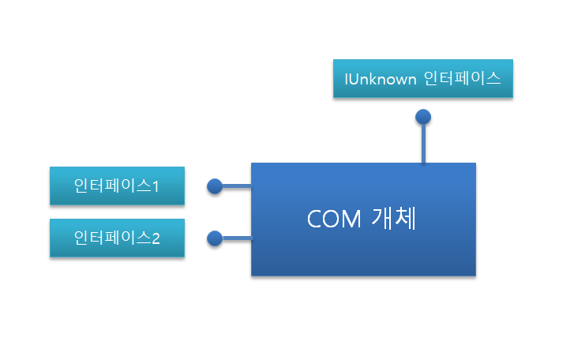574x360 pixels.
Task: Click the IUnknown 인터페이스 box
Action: pyautogui.click(x=423, y=79)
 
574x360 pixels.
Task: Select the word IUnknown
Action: pyautogui.click(x=381, y=80)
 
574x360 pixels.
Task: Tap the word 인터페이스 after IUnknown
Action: pyautogui.click(x=462, y=79)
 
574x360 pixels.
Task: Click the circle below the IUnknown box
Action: pyautogui.click(x=423, y=117)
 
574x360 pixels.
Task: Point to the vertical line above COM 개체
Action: pyautogui.click(x=423, y=144)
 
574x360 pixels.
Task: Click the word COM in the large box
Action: pyautogui.click(x=334, y=219)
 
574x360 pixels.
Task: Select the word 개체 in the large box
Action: pyautogui.click(x=394, y=219)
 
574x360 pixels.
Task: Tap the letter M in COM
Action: pyautogui.click(x=352, y=219)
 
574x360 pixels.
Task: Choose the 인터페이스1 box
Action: pyautogui.click(x=117, y=186)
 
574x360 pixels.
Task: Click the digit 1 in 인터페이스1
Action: pyautogui.click(x=156, y=187)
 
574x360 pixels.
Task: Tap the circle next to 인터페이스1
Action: pyautogui.click(x=215, y=186)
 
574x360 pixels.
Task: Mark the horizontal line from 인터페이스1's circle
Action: pyautogui.click(x=237, y=186)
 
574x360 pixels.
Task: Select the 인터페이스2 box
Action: pyautogui.click(x=117, y=238)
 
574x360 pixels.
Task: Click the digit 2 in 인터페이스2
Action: pyautogui.click(x=156, y=238)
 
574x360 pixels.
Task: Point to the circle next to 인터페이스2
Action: pyautogui.click(x=215, y=238)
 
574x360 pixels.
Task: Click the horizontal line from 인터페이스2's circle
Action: pyautogui.click(x=237, y=238)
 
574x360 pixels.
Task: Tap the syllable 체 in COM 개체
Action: pyautogui.click(x=406, y=219)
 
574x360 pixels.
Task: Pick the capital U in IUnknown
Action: pyautogui.click(x=355, y=80)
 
